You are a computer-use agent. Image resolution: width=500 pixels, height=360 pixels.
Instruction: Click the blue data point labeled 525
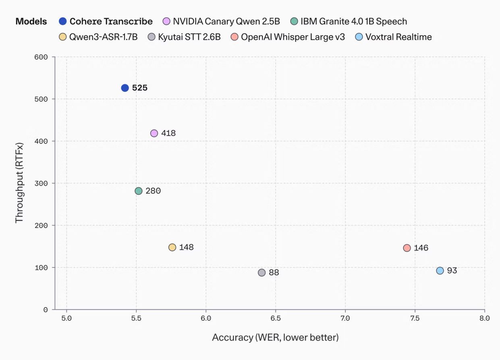coord(125,88)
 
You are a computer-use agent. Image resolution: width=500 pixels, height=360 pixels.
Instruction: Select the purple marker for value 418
coord(154,133)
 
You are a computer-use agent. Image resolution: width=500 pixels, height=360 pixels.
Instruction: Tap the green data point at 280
coord(139,191)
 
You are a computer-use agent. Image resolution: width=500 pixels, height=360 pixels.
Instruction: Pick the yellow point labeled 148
coord(172,247)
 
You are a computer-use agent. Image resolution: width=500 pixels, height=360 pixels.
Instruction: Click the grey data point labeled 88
coord(262,273)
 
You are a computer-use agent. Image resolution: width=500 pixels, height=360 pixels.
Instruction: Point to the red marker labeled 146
coord(407,248)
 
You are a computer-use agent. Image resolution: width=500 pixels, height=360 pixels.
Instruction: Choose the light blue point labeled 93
coord(440,271)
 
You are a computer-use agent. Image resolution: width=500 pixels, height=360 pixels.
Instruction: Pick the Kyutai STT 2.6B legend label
coord(189,37)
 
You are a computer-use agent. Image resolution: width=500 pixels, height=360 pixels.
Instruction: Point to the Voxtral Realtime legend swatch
coord(359,37)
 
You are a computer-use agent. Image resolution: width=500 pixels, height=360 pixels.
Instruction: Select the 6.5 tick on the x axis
coord(276,318)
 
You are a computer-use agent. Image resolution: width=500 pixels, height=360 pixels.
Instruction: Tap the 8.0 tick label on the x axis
coord(484,318)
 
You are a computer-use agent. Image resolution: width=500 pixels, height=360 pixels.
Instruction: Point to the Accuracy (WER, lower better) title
coord(275,337)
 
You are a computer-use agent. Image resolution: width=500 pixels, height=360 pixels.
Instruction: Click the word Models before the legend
coord(31,21)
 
